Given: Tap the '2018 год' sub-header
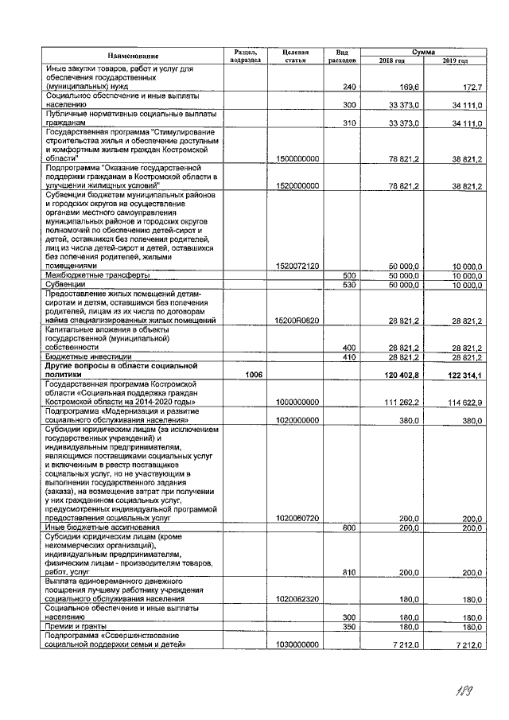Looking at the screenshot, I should pos(391,61).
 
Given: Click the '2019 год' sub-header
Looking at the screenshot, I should pos(455,61).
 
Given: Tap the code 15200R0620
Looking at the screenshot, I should pos(297,321).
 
